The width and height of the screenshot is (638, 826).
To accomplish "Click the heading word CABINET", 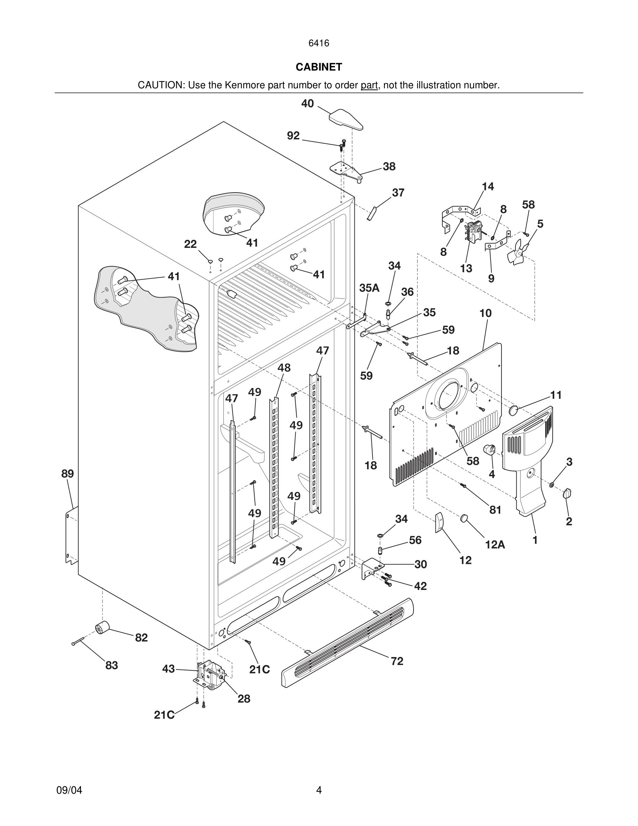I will [319, 67].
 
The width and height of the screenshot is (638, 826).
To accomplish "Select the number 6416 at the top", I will [319, 43].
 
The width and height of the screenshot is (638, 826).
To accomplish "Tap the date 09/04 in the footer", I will [69, 790].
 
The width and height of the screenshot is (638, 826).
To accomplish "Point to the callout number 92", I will [293, 135].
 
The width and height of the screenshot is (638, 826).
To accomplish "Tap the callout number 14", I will [488, 186].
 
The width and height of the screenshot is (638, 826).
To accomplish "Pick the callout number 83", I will [112, 665].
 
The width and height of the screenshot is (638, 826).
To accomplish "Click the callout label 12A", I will [495, 545].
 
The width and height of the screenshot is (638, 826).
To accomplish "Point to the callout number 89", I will [68, 473].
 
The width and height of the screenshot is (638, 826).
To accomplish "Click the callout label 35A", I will [369, 288].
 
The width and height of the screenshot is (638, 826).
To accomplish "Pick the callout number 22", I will [190, 244].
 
